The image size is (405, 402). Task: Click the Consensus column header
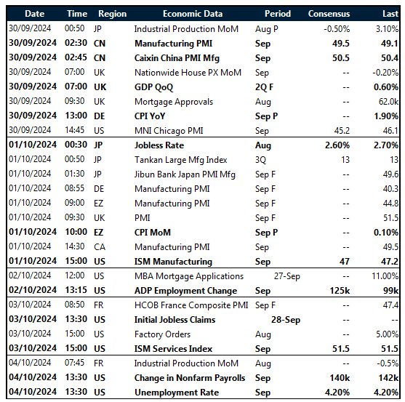(x=329, y=13)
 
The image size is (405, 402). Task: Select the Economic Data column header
(x=193, y=13)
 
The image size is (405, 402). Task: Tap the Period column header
(x=277, y=13)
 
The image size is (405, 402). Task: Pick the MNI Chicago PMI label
(x=169, y=131)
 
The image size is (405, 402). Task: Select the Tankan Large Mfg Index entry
(x=180, y=160)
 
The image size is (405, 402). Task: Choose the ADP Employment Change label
(x=185, y=291)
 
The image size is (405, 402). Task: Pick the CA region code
(x=100, y=247)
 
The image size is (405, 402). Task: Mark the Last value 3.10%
(x=385, y=28)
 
